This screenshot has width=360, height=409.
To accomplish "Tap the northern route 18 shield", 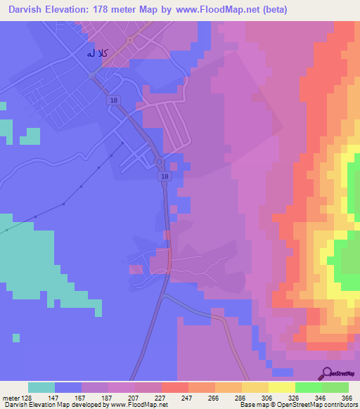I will tap(113, 101).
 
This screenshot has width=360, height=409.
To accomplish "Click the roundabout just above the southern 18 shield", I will tap(160, 163).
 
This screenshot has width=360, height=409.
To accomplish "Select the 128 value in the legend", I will tap(28, 397).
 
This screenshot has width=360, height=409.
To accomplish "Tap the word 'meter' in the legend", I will tap(10, 397).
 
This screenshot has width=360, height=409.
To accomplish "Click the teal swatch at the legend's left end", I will tap(41, 387).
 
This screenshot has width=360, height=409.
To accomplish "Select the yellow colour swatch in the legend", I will tap(281, 387).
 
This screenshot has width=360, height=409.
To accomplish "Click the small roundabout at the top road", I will tap(131, 41).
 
